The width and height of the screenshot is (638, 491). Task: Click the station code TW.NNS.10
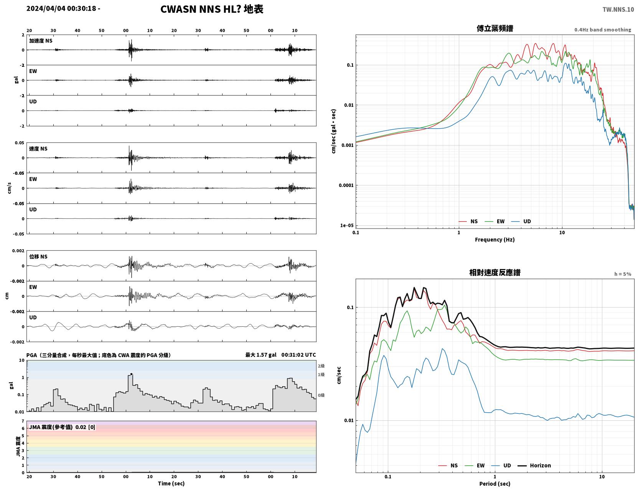pyautogui.click(x=618, y=10)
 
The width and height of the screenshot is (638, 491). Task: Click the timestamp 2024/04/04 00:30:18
pyautogui.click(x=61, y=8)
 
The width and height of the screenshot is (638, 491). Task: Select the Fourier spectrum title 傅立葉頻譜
pyautogui.click(x=495, y=28)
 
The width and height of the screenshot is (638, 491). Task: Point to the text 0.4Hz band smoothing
pyautogui.click(x=602, y=30)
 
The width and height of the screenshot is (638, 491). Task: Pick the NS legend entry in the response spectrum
pyautogui.click(x=448, y=465)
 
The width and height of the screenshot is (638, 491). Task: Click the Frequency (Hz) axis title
pyautogui.click(x=495, y=239)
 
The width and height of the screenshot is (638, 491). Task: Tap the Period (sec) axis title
pyautogui.click(x=495, y=483)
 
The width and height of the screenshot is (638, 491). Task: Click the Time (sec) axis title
pyautogui.click(x=171, y=483)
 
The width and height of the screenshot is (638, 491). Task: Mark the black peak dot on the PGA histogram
pyautogui.click(x=131, y=374)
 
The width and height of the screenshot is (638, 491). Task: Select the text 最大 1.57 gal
pyautogui.click(x=261, y=355)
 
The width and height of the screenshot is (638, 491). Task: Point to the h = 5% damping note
pyautogui.click(x=622, y=274)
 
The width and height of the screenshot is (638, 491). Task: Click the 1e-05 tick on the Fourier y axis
pyautogui.click(x=347, y=225)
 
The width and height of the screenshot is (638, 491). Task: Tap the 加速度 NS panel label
pyautogui.click(x=41, y=41)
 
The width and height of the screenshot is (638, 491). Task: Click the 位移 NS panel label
pyautogui.click(x=38, y=256)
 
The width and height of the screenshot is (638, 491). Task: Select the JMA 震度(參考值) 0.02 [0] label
pyautogui.click(x=62, y=427)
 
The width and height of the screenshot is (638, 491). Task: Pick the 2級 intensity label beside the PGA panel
pyautogui.click(x=321, y=366)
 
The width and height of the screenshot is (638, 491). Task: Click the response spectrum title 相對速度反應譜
pyautogui.click(x=495, y=273)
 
